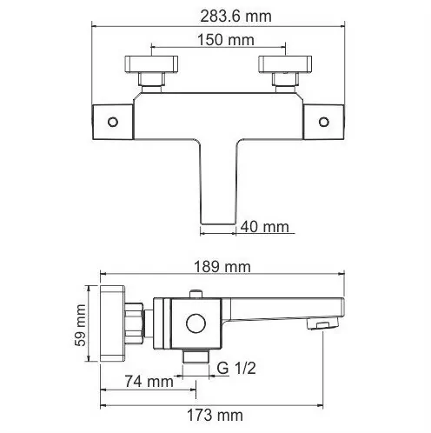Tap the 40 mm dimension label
coord(266,228)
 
